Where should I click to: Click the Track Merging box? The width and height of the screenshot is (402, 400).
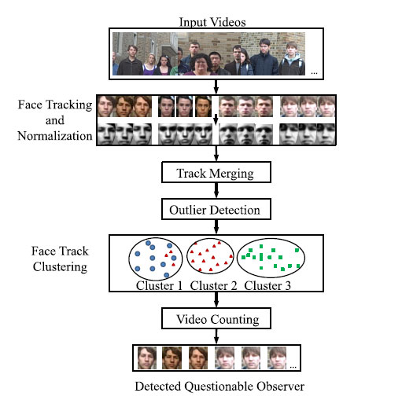coord(216,172)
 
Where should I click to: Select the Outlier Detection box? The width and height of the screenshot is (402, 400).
coord(216,209)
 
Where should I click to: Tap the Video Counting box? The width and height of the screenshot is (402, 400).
coord(216,318)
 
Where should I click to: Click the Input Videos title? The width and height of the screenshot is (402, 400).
coord(212,22)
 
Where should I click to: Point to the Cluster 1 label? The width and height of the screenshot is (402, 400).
coord(159,285)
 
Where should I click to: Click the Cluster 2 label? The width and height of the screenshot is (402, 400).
coord(213,285)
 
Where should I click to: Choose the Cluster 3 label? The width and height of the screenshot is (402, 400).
coord(267,285)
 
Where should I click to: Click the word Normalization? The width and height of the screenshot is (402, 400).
coord(55,136)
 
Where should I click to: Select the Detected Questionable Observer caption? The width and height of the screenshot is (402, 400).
coord(219,386)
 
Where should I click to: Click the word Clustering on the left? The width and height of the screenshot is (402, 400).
coord(60,267)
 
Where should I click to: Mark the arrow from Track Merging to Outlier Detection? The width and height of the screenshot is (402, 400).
coord(216,190)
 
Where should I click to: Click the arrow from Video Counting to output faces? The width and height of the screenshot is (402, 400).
coord(216,336)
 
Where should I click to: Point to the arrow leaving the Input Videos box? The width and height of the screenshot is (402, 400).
coord(216,87)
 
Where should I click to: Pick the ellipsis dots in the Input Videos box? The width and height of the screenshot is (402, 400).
coord(314,73)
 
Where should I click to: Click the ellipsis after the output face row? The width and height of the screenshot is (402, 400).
coord(293,367)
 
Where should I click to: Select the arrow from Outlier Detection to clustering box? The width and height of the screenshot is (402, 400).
coord(216,227)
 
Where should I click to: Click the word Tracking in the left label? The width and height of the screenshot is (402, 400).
coord(69,105)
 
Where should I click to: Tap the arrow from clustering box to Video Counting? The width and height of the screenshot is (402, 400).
coord(216,299)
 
